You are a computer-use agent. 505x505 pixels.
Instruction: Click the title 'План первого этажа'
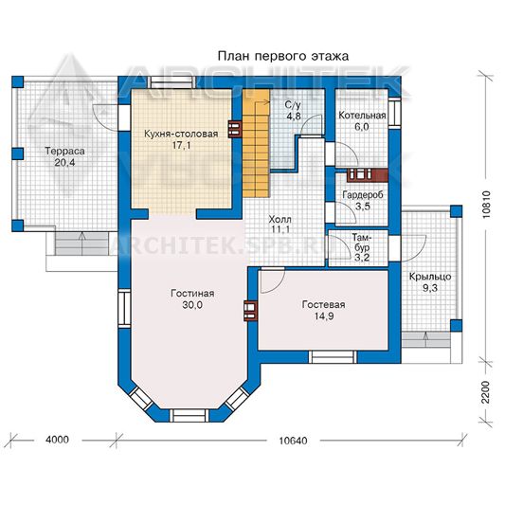coord(283,56)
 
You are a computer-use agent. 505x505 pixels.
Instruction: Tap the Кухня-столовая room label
coord(181,134)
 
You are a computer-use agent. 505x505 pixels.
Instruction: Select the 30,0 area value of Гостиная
coord(192,305)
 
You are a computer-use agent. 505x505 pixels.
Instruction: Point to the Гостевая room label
coord(323,305)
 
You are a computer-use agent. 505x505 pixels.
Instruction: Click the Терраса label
coord(64,151)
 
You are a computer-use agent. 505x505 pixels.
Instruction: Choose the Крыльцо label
coord(430,277)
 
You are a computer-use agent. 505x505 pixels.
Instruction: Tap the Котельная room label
coord(362,116)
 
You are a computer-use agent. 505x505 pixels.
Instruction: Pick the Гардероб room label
coord(363,195)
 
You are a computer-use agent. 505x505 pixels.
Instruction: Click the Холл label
coord(280,219)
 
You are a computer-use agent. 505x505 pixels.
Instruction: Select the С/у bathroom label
coord(293,105)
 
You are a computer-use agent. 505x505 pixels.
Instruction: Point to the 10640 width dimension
coord(293,441)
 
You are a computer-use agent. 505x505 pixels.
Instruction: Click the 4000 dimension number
coord(58,440)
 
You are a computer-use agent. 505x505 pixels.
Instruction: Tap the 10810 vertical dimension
coord(486,205)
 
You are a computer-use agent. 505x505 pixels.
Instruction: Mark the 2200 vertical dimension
coord(486,392)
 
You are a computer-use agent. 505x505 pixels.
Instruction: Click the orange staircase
coord(256,143)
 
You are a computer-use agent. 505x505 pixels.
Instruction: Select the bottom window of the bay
coord(189,416)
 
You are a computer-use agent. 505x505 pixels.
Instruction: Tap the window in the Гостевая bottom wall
coord(333,357)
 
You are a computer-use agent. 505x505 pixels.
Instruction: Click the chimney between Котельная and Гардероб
coord(368,175)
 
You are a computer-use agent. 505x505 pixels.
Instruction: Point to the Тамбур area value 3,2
coord(362,258)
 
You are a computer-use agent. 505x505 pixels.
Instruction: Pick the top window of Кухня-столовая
coord(171,82)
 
